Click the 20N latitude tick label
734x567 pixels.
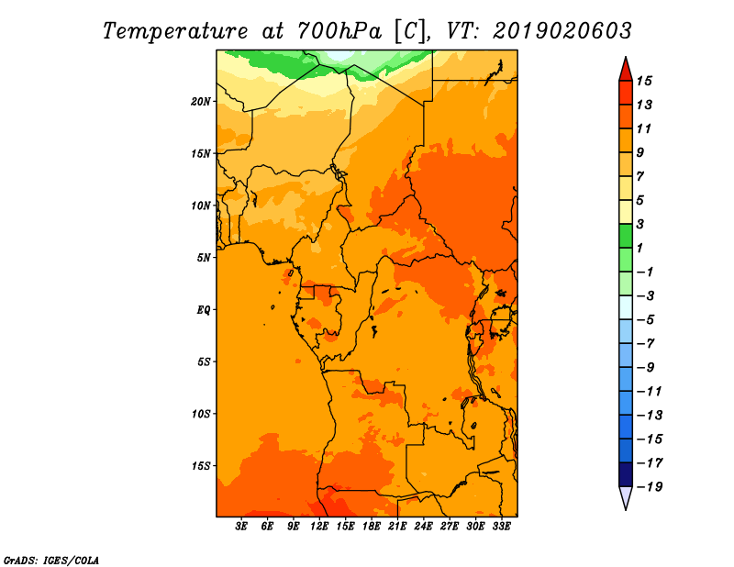(x=201, y=102)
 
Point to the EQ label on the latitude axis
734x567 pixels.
(x=204, y=310)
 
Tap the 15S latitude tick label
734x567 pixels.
(x=201, y=466)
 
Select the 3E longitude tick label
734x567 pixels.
(x=241, y=527)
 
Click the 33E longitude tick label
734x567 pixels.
(x=502, y=527)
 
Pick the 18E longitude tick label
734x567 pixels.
(x=372, y=527)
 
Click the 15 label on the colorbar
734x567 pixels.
(x=644, y=81)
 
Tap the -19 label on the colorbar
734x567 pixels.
(x=650, y=487)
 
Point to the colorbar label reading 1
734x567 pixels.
(x=639, y=248)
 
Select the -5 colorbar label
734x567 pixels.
(x=646, y=320)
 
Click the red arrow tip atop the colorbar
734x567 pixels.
(x=626, y=57)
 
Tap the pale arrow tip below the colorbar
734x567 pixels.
(x=626, y=509)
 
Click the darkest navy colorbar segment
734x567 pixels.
(x=626, y=474)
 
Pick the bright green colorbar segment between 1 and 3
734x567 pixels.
(x=626, y=236)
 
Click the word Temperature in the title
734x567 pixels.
(x=175, y=31)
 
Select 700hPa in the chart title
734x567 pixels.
(x=339, y=31)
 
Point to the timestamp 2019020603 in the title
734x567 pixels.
(x=562, y=31)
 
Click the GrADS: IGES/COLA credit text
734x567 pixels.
(x=51, y=560)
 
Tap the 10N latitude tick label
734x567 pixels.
(x=201, y=206)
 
